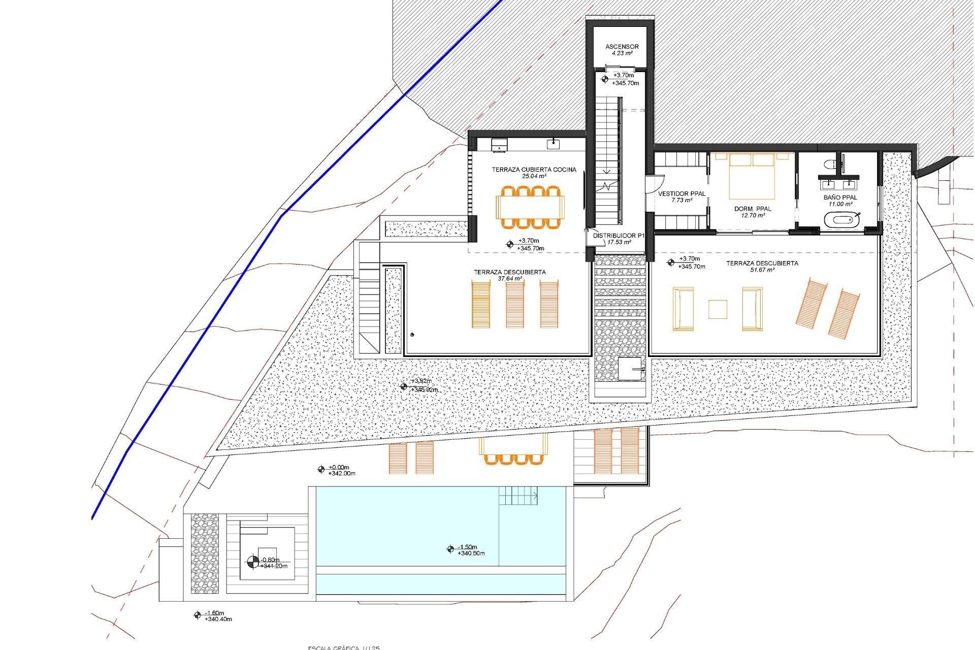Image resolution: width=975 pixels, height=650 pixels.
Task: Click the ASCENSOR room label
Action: (x=622, y=47)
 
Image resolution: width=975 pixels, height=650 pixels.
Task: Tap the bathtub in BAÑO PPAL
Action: (x=841, y=221)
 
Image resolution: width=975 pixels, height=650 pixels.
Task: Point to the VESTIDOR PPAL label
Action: (x=681, y=193)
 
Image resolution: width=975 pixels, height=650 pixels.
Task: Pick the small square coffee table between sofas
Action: (x=718, y=309)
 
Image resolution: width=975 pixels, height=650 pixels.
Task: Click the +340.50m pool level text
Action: (x=471, y=554)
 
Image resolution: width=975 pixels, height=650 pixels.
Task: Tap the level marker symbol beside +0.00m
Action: (x=320, y=470)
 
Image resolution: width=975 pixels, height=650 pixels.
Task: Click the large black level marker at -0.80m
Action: (x=252, y=562)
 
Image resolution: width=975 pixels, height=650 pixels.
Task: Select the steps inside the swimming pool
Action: (x=518, y=495)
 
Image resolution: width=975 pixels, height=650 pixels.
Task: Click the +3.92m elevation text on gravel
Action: (x=422, y=381)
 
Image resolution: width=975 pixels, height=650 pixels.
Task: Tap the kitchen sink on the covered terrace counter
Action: (x=553, y=145)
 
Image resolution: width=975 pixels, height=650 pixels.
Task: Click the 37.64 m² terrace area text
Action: (x=509, y=279)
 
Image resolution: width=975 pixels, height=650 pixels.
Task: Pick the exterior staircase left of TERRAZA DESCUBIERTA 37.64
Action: (x=369, y=305)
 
